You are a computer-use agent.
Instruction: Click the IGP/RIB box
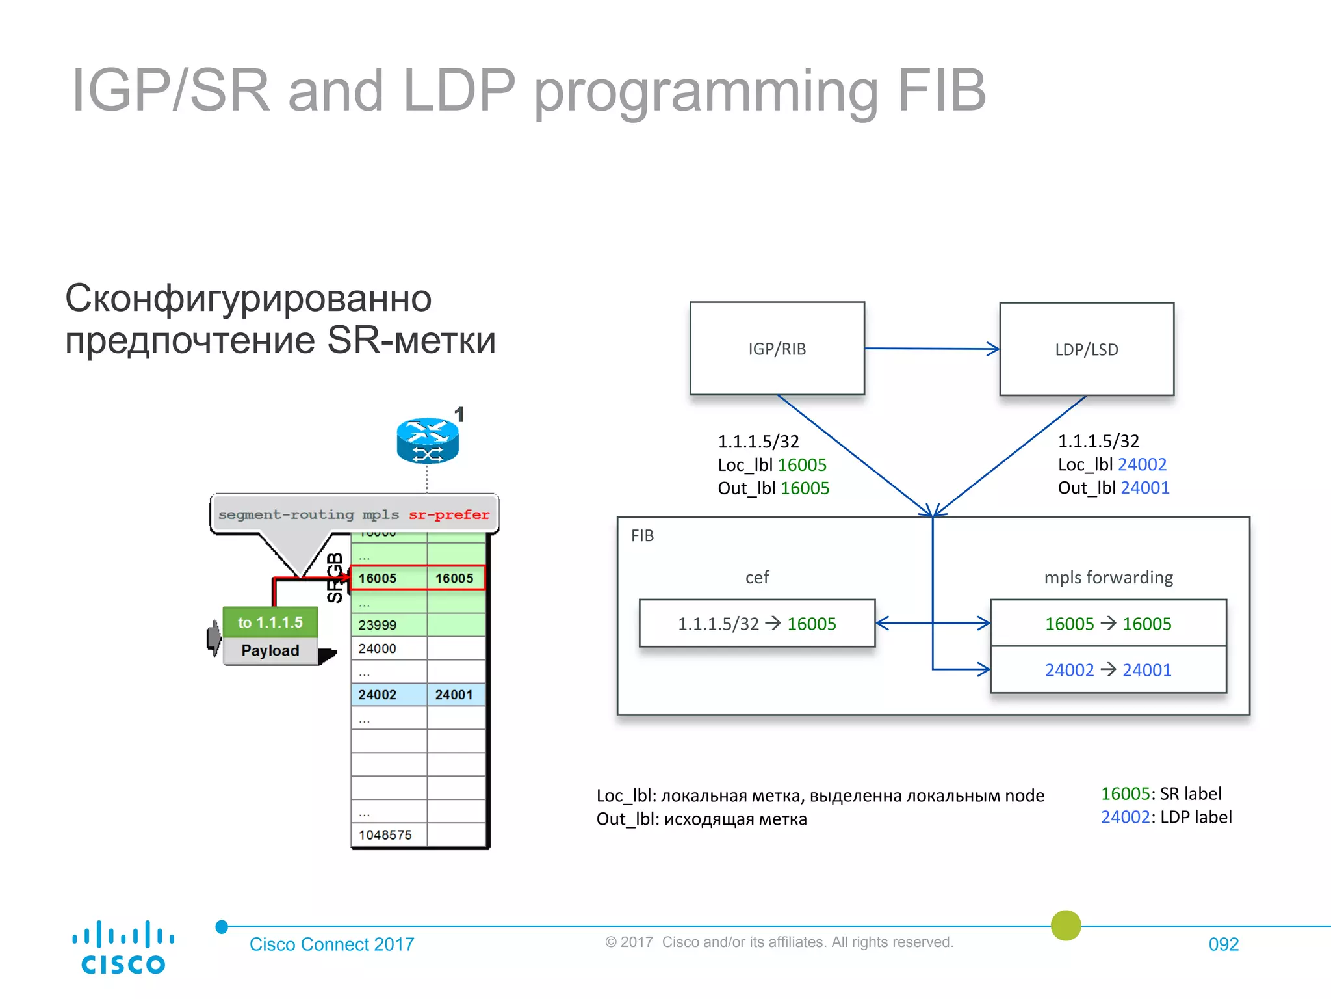point(777,348)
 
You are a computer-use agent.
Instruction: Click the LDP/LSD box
point(1086,349)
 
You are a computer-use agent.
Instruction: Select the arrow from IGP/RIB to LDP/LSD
point(931,349)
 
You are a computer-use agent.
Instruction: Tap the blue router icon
point(428,440)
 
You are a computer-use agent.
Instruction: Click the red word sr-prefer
point(448,514)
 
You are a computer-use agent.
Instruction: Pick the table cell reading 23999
point(388,625)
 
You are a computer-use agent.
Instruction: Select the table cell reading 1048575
point(388,834)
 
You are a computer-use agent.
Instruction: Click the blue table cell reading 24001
point(455,695)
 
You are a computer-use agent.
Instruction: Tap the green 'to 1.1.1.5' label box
point(270,622)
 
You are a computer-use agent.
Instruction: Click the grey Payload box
point(270,650)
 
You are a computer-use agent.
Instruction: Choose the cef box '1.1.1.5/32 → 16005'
point(756,623)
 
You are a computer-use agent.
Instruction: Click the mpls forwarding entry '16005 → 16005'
point(1107,623)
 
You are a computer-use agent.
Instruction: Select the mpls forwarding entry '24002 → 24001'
point(1107,670)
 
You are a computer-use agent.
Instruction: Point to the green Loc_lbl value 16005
point(802,465)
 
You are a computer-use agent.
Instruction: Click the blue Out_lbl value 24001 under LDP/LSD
point(1145,488)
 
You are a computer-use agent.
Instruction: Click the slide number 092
point(1223,944)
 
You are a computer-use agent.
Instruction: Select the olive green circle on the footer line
point(1066,926)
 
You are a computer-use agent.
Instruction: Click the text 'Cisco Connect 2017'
point(331,944)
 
